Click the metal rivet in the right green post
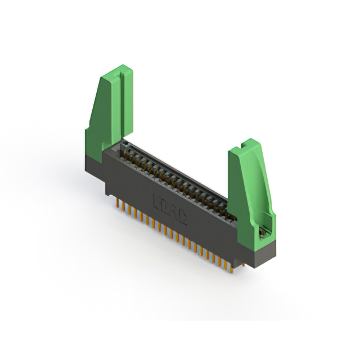(x=262, y=231)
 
